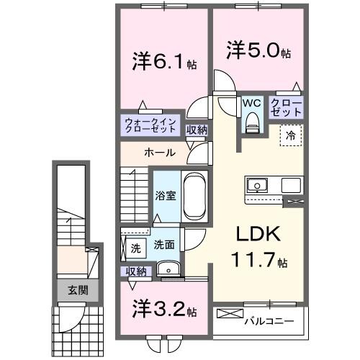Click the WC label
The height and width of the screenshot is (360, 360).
pos(251,103)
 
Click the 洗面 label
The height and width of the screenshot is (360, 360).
pos(163,245)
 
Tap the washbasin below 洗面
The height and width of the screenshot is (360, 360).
pos(167,271)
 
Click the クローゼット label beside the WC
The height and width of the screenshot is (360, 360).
pos(287,107)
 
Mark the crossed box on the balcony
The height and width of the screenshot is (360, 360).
pos(230,314)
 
